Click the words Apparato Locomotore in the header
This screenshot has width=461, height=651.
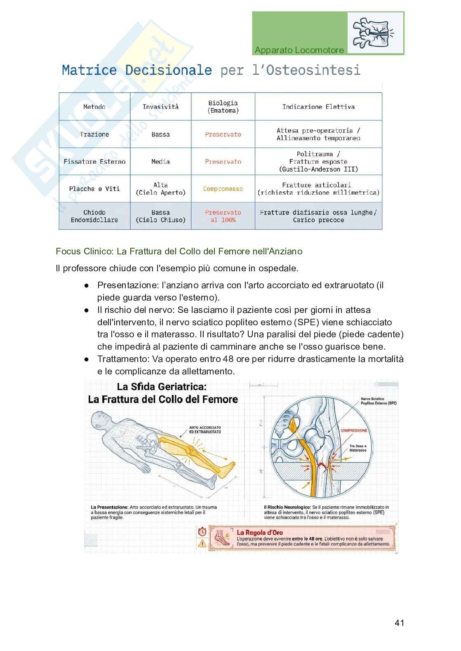299,50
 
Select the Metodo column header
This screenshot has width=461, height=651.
94,107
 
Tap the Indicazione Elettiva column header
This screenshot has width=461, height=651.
318,107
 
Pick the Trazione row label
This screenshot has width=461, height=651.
94,134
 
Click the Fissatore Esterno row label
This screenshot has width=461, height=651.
94,162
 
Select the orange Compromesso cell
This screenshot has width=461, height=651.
223,189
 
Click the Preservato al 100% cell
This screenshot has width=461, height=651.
223,216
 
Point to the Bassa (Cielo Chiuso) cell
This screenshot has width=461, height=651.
160,216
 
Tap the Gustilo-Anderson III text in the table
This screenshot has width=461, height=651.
318,169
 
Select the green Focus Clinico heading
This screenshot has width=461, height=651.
179,251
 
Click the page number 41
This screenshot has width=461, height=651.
399,623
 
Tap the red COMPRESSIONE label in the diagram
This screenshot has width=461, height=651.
353,430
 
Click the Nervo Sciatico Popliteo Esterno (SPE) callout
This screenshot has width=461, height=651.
378,401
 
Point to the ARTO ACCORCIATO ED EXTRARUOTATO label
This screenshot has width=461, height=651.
205,430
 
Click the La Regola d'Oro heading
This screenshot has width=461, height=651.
259,532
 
